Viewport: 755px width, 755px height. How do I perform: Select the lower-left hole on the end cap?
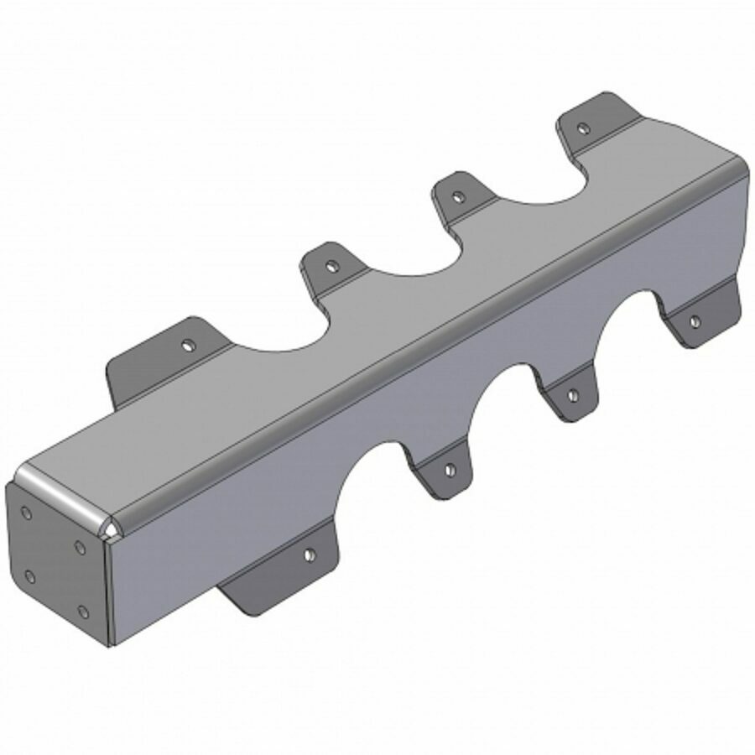coord(30,575)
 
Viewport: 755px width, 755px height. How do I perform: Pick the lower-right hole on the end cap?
coord(81,612)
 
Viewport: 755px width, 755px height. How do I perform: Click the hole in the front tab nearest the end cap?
coord(310,554)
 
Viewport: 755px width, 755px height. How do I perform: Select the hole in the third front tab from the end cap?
coord(572,394)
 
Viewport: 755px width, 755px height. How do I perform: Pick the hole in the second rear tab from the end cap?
coord(332,267)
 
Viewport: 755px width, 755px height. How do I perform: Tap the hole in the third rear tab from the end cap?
coord(457,198)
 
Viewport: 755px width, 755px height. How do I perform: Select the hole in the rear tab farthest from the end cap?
coord(583,128)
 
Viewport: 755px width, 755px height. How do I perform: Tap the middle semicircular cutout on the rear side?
coord(411,260)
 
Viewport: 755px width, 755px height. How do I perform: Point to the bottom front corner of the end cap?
coord(112,644)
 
